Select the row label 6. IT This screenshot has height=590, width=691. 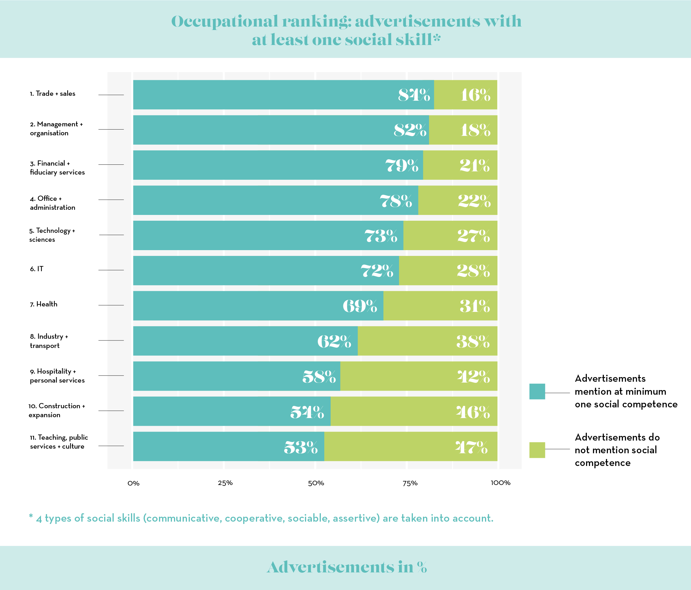coord(37,269)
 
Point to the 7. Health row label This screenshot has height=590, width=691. coord(44,304)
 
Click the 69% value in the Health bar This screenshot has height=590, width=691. coord(360,306)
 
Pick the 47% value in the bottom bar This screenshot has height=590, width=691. coord(471,447)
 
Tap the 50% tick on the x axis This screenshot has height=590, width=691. coord(316,483)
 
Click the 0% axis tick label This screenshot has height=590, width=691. coord(133,483)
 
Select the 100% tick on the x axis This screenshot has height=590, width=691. coord(500,483)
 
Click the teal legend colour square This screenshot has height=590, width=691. coord(537,392)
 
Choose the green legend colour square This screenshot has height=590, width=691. coord(537,450)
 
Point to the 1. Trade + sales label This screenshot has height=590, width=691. coord(53,94)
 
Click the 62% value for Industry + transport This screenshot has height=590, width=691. coord(334,341)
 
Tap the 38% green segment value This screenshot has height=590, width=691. coord(473,342)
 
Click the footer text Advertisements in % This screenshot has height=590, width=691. coord(347,567)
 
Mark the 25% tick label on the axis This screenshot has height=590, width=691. coord(225,483)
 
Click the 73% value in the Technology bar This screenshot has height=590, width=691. coord(381,236)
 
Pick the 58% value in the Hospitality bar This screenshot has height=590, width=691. coord(319,377)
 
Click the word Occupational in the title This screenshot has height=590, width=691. coord(224,21)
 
